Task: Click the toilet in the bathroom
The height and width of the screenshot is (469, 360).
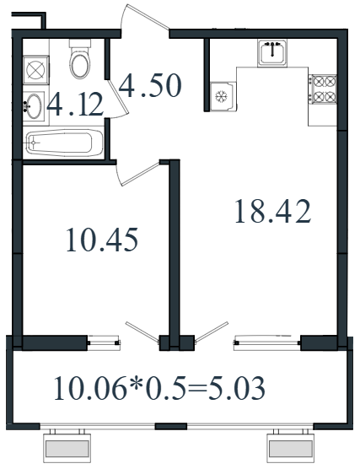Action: click(x=79, y=59)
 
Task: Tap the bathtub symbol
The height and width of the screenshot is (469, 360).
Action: click(x=64, y=143)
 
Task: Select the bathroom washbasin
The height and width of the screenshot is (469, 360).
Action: click(x=34, y=106)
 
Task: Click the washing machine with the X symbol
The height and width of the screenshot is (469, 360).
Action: click(x=36, y=70)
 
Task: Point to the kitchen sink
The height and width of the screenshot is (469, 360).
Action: click(x=272, y=52)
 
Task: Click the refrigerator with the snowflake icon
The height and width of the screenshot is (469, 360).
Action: click(x=223, y=97)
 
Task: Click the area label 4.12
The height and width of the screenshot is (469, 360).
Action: click(x=75, y=105)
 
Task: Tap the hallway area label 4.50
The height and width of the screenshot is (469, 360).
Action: click(x=150, y=86)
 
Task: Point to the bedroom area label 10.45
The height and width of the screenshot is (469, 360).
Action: click(x=102, y=240)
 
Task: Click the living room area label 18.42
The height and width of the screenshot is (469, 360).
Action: click(x=272, y=212)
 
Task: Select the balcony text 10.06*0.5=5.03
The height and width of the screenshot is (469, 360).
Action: click(x=159, y=388)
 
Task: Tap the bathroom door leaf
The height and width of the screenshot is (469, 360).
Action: click(x=118, y=96)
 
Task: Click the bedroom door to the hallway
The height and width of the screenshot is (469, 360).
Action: click(x=140, y=174)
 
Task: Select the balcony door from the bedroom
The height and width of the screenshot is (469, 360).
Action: click(x=142, y=332)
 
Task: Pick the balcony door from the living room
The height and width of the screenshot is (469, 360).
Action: click(x=212, y=332)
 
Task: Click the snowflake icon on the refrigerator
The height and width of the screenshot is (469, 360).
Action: click(x=222, y=96)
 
